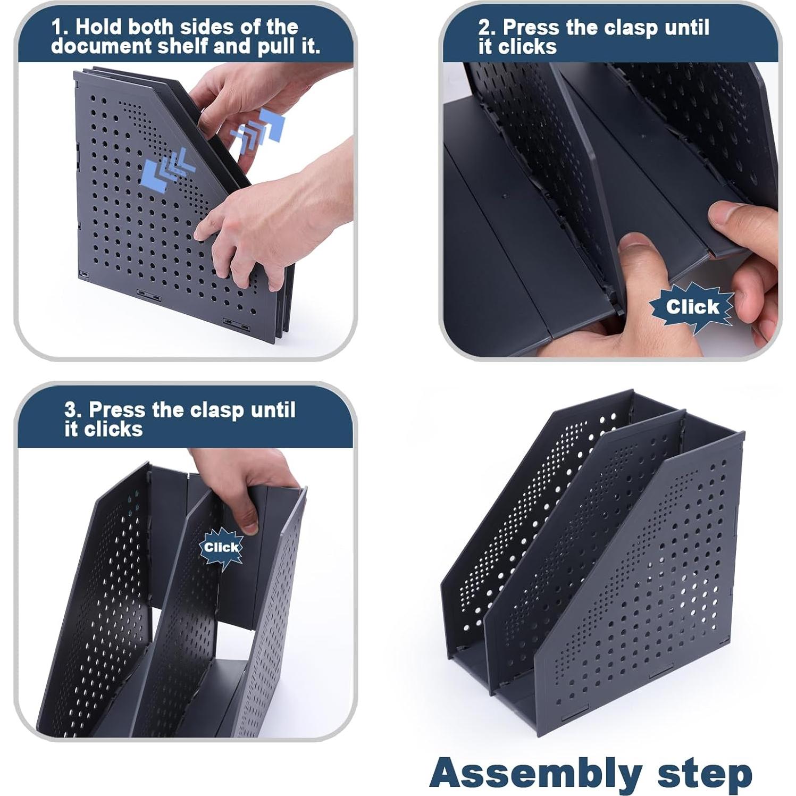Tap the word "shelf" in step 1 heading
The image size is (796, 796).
point(182,47)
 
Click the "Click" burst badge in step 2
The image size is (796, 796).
point(692,307)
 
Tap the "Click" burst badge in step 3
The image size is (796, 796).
point(221,547)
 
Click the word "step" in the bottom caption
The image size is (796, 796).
point(704,774)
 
